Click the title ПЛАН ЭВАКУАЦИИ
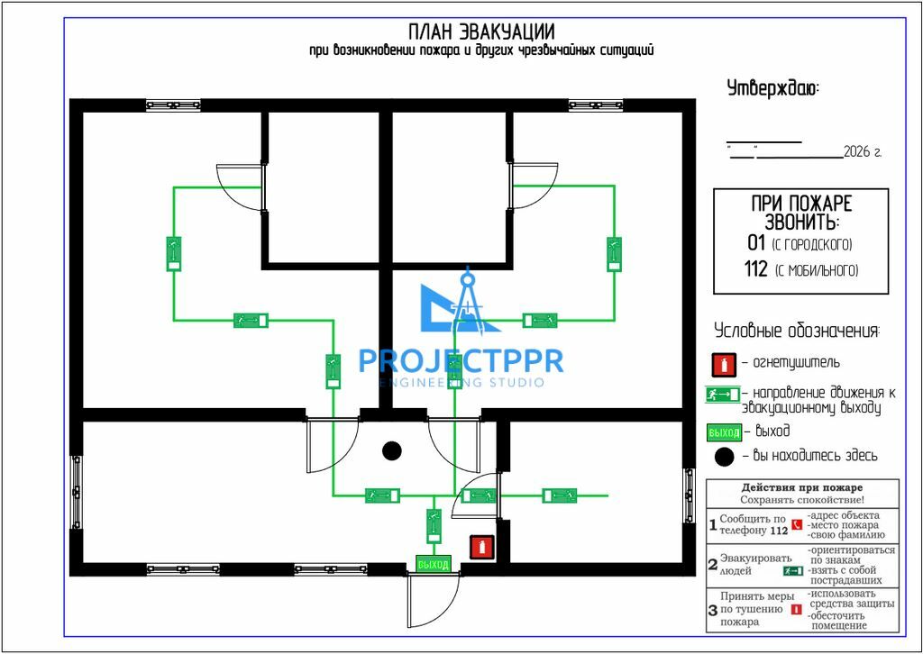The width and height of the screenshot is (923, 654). click(x=481, y=32)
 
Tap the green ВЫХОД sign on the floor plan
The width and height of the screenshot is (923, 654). click(x=434, y=564)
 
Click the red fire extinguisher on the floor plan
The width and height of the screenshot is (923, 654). click(x=481, y=548)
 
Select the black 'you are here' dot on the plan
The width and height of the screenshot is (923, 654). click(x=392, y=451)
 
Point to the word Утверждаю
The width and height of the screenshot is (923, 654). click(x=772, y=89)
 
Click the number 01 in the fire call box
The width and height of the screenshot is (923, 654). click(x=756, y=243)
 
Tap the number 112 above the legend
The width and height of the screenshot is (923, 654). click(x=756, y=269)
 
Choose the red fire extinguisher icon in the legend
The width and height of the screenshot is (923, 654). click(x=724, y=365)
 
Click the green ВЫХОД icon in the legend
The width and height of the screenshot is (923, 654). click(x=724, y=433)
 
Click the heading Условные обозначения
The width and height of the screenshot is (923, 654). click(x=798, y=331)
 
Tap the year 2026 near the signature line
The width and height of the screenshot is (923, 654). click(x=857, y=153)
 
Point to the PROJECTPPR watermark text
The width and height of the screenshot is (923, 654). click(x=461, y=361)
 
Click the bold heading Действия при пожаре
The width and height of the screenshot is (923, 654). click(x=801, y=487)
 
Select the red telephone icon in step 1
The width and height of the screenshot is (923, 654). click(x=797, y=524)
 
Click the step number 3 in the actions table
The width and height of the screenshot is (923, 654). click(x=712, y=610)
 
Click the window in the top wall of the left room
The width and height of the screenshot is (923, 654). click(x=173, y=105)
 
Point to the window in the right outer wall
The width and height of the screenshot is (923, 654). click(x=689, y=495)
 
